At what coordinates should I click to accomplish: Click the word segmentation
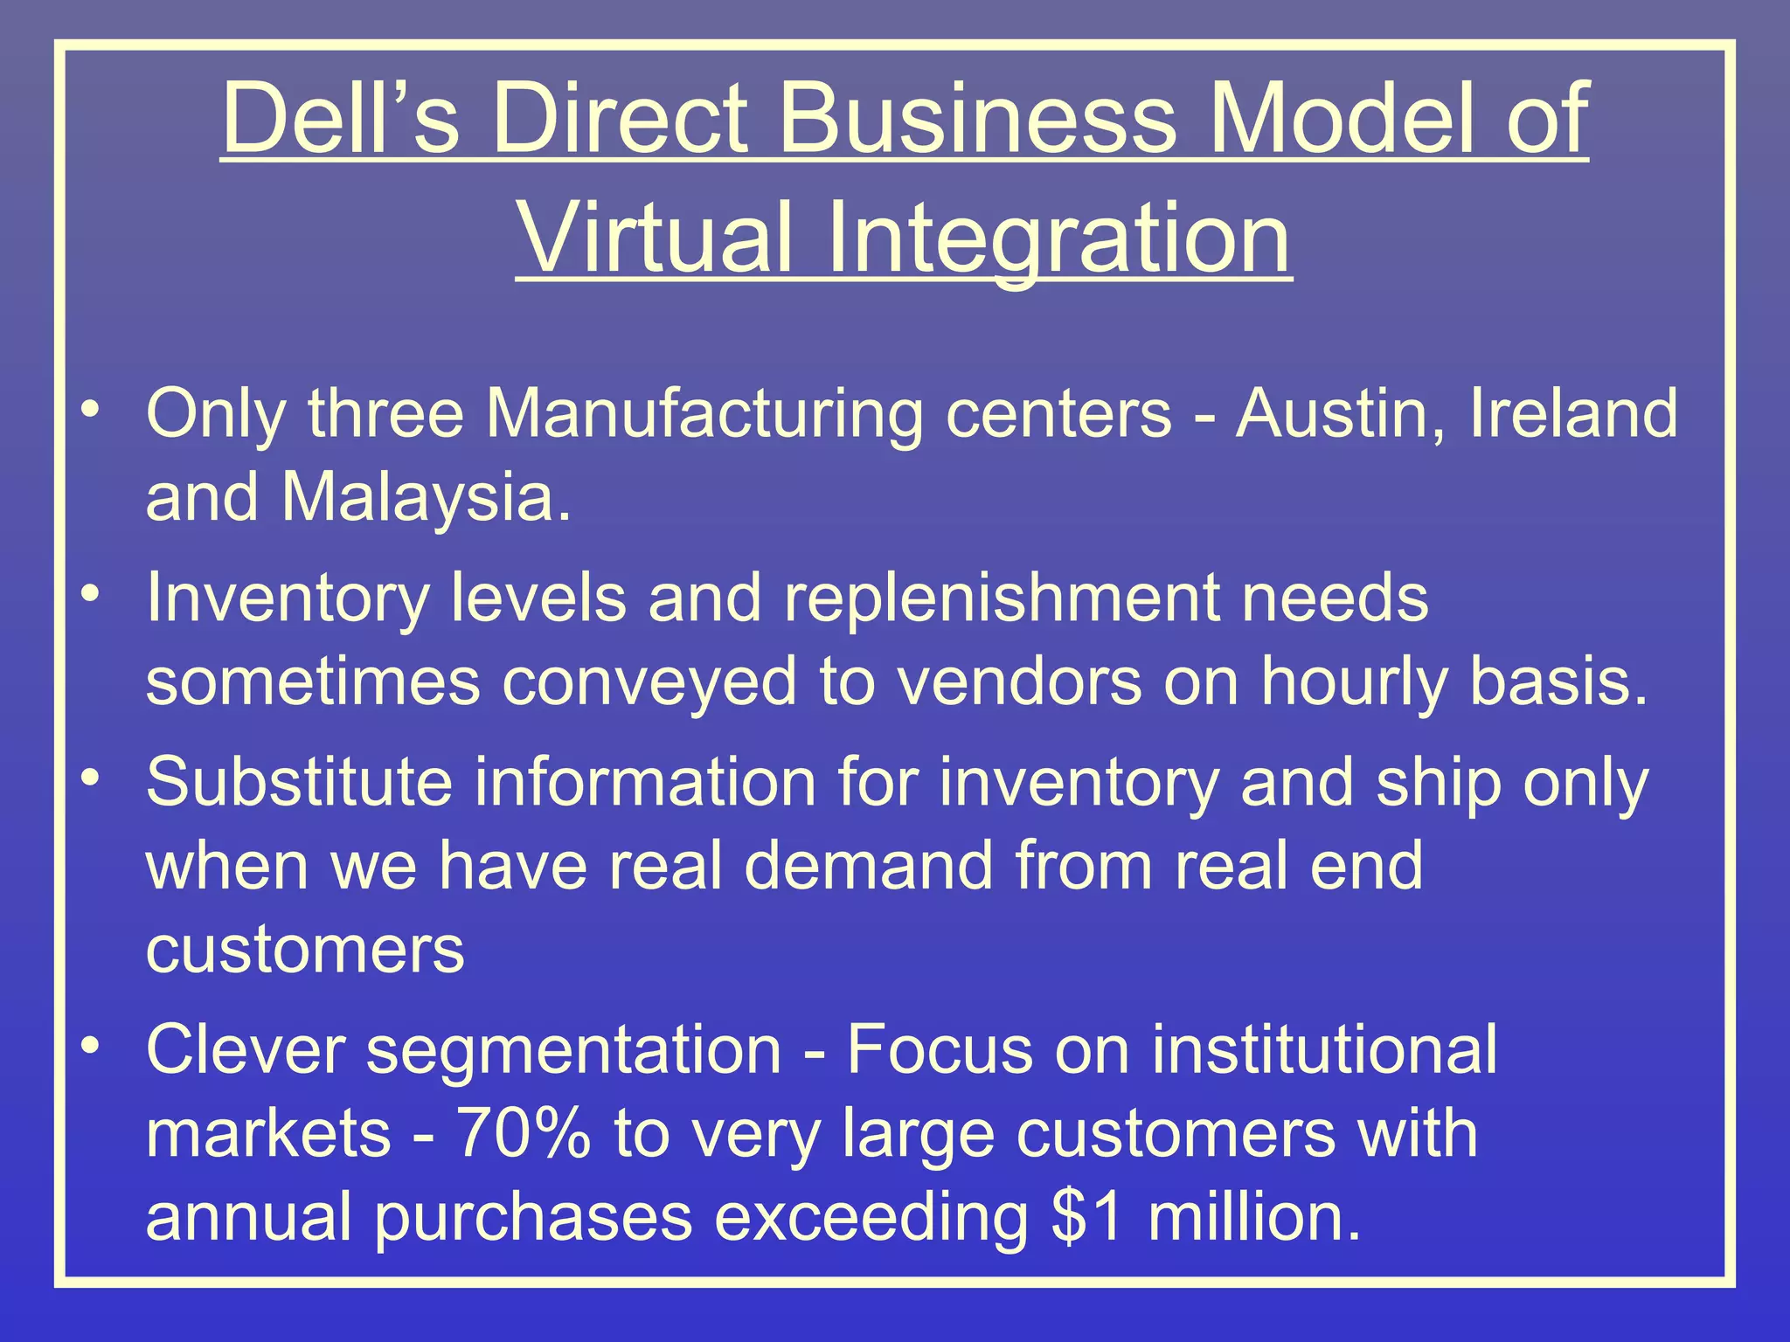(573, 1050)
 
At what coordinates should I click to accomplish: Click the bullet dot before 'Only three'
(90, 409)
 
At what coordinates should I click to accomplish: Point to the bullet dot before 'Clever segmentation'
(90, 1045)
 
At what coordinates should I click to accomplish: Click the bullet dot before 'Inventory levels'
(90, 594)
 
